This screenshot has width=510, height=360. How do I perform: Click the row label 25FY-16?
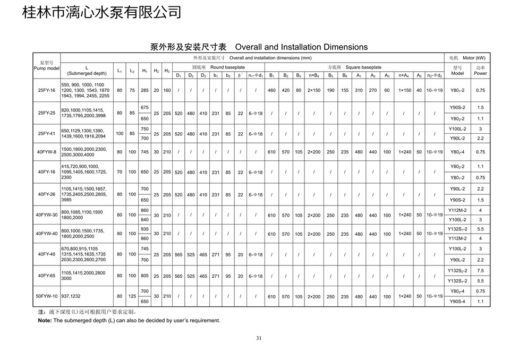pyautogui.click(x=47, y=90)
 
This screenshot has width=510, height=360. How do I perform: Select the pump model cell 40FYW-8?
pyautogui.click(x=47, y=152)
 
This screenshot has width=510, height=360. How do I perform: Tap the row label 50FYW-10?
pyautogui.click(x=47, y=296)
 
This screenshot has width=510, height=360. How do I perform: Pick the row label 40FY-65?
pyautogui.click(x=47, y=276)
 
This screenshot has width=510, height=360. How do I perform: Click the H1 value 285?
pyautogui.click(x=144, y=90)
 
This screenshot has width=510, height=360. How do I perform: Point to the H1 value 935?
pyautogui.click(x=144, y=228)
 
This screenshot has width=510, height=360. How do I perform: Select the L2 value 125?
pyautogui.click(x=132, y=296)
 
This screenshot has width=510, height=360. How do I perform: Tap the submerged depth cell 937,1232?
pyautogui.click(x=72, y=296)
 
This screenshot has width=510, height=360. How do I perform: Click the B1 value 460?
pyautogui.click(x=271, y=90)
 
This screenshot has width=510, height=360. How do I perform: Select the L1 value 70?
pyautogui.click(x=120, y=172)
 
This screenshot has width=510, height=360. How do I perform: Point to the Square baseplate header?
pyautogui.click(x=354, y=67)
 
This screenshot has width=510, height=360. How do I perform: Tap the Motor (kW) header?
pyautogui.click(x=466, y=57)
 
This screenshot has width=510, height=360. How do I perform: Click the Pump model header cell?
pyautogui.click(x=47, y=66)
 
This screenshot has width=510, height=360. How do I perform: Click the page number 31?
pyautogui.click(x=259, y=338)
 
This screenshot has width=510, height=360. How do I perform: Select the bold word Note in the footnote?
pyautogui.click(x=44, y=321)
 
